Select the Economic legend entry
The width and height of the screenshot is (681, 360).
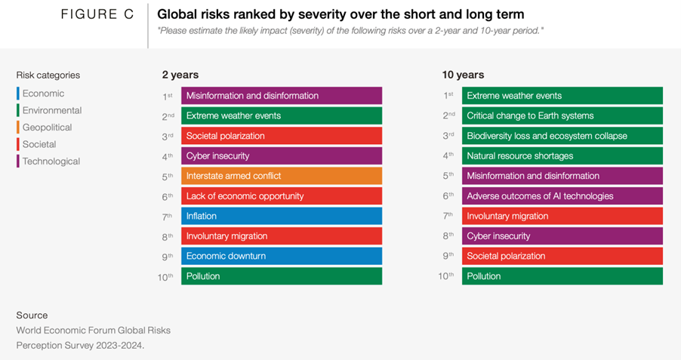43,94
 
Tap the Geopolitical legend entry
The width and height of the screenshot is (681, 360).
47,128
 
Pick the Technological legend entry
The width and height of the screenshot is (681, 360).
51,162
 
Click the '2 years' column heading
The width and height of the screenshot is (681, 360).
180,75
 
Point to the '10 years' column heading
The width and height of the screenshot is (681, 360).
464,75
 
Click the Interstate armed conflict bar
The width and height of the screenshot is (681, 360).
281,176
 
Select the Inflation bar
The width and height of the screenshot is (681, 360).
281,216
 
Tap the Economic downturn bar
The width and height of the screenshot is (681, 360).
281,256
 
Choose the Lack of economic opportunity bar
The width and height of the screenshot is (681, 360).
281,196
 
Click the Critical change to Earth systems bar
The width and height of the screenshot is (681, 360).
562,115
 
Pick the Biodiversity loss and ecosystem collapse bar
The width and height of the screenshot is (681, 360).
562,136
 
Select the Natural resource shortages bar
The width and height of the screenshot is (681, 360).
562,155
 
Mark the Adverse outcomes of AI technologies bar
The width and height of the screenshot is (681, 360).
562,196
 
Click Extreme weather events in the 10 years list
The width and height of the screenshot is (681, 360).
562,96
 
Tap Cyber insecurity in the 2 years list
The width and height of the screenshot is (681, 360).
281,155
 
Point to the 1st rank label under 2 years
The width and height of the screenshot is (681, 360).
168,96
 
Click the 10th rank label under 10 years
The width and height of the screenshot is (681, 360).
446,276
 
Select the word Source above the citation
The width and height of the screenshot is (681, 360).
32,315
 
